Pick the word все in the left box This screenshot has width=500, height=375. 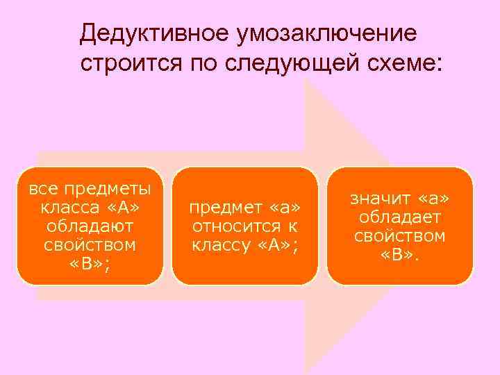coord(42,189)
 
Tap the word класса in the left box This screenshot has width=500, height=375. coord(68,208)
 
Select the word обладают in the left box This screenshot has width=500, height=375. coord(90,226)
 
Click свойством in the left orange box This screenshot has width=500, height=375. coord(90,245)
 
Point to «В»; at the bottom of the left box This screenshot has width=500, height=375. coord(90,264)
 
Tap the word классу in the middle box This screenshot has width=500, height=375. coord(221,245)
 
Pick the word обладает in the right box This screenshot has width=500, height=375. coord(399,218)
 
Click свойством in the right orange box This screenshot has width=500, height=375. coord(399,237)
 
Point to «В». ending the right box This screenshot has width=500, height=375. coord(399,255)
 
